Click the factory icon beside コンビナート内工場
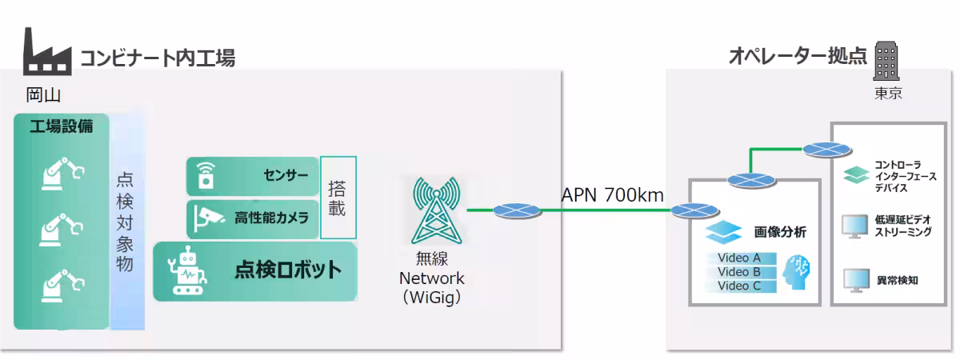(47, 51)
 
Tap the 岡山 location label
(43, 94)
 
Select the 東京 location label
(888, 93)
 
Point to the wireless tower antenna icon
(436, 210)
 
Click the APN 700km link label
(613, 195)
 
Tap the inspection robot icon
(188, 270)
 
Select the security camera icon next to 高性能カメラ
(208, 218)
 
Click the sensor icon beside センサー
(206, 175)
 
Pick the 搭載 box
(338, 198)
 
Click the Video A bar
(741, 258)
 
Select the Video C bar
(741, 286)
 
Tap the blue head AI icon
(796, 272)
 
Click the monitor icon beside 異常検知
(856, 281)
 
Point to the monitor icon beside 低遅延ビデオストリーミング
(855, 226)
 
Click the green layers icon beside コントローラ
(856, 175)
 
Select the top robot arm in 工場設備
(62, 173)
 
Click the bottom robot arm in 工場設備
(62, 286)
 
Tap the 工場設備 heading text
(62, 126)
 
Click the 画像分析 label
(780, 232)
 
